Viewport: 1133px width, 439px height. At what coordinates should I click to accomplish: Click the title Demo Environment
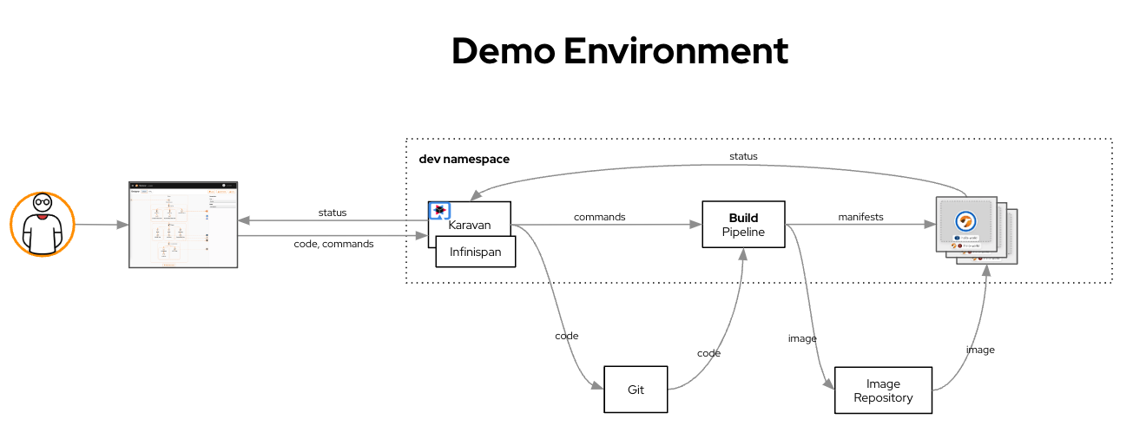tap(619, 51)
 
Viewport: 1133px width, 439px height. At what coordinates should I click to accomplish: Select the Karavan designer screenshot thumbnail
tap(183, 225)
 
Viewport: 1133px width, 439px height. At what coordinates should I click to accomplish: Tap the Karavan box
tap(470, 224)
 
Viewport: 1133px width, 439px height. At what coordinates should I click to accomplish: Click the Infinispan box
tap(475, 252)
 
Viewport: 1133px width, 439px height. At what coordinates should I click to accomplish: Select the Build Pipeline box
tap(743, 225)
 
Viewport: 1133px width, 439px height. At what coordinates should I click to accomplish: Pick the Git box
tap(636, 390)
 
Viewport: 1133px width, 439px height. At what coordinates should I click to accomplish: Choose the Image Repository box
tap(883, 390)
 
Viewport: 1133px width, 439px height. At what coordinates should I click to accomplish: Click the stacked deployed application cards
tap(975, 229)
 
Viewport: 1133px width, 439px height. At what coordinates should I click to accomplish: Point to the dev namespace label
tap(464, 160)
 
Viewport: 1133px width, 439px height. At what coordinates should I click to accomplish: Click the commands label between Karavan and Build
tap(599, 217)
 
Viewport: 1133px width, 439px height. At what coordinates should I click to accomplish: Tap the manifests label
tap(860, 217)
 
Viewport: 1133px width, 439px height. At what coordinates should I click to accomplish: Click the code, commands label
tap(333, 244)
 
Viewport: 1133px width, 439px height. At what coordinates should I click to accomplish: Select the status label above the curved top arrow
tap(743, 156)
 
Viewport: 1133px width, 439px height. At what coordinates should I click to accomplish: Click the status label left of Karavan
tap(332, 213)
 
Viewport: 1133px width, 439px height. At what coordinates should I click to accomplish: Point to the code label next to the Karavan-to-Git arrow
tap(566, 336)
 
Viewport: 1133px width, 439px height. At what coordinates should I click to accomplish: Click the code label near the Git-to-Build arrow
tap(708, 353)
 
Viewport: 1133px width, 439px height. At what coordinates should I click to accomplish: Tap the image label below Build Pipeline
tap(802, 338)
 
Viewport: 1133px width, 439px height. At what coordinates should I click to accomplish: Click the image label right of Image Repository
tap(980, 350)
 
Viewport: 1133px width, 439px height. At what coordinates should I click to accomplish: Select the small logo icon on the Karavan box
tap(440, 211)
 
